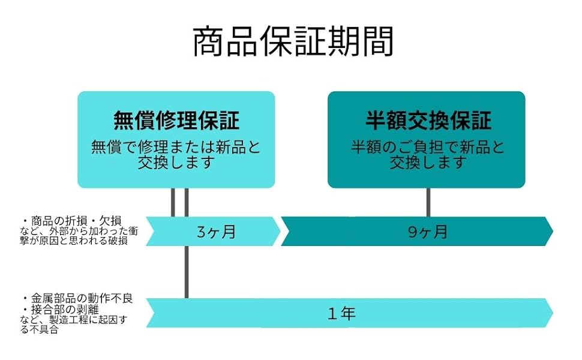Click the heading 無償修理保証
point(176,121)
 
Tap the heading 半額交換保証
point(428,121)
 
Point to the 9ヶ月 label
point(428,232)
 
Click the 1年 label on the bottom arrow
point(342,313)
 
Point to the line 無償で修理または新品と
point(176,148)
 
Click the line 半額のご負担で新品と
point(428,148)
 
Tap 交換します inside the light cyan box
point(176,163)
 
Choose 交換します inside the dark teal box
point(428,163)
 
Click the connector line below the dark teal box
point(428,202)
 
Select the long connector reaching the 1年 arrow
point(187,270)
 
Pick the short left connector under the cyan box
point(173,202)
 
